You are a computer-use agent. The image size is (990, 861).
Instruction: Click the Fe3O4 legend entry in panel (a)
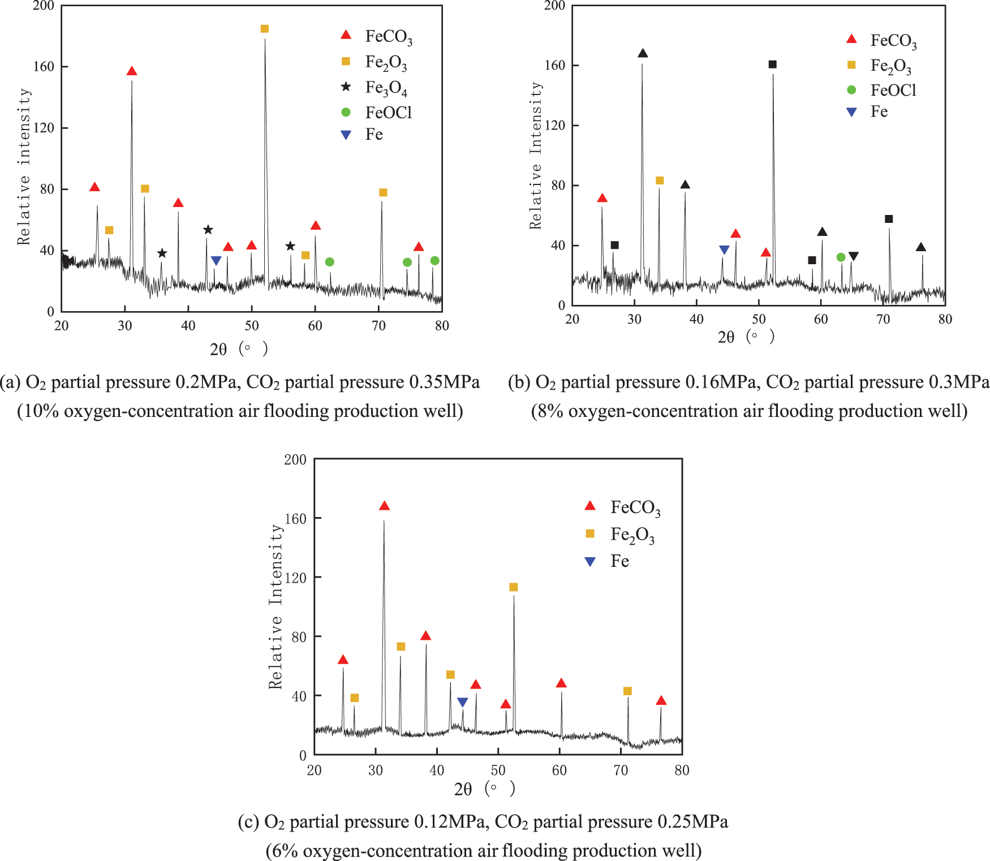pyautogui.click(x=386, y=88)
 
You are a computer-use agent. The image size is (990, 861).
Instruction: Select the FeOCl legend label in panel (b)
pyautogui.click(x=893, y=90)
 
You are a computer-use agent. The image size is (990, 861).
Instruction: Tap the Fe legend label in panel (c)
pyautogui.click(x=619, y=561)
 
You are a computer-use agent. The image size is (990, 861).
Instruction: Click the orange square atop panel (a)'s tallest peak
pyautogui.click(x=264, y=29)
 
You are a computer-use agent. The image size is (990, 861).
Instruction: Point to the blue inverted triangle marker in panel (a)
pyautogui.click(x=216, y=261)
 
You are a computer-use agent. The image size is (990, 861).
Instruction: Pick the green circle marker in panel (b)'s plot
pyautogui.click(x=841, y=257)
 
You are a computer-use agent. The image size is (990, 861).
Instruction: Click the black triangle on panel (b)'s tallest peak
pyautogui.click(x=643, y=54)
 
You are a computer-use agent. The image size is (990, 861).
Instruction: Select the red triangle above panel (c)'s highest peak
pyautogui.click(x=384, y=506)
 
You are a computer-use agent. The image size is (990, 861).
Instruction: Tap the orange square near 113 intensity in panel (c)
pyautogui.click(x=514, y=587)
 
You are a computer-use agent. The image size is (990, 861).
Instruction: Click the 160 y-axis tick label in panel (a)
pyautogui.click(x=44, y=67)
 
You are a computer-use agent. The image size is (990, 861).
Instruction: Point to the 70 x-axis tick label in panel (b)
pyautogui.click(x=883, y=320)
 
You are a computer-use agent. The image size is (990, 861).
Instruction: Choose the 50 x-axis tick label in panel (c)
pyautogui.click(x=498, y=770)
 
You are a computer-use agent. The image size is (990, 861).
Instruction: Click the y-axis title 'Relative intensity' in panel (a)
pyautogui.click(x=24, y=166)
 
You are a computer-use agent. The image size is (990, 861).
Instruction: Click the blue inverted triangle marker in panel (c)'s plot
pyautogui.click(x=462, y=703)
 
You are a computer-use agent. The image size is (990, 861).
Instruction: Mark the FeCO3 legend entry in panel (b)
pyautogui.click(x=893, y=41)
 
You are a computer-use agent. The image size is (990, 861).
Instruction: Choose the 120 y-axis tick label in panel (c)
pyautogui.click(x=296, y=578)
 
